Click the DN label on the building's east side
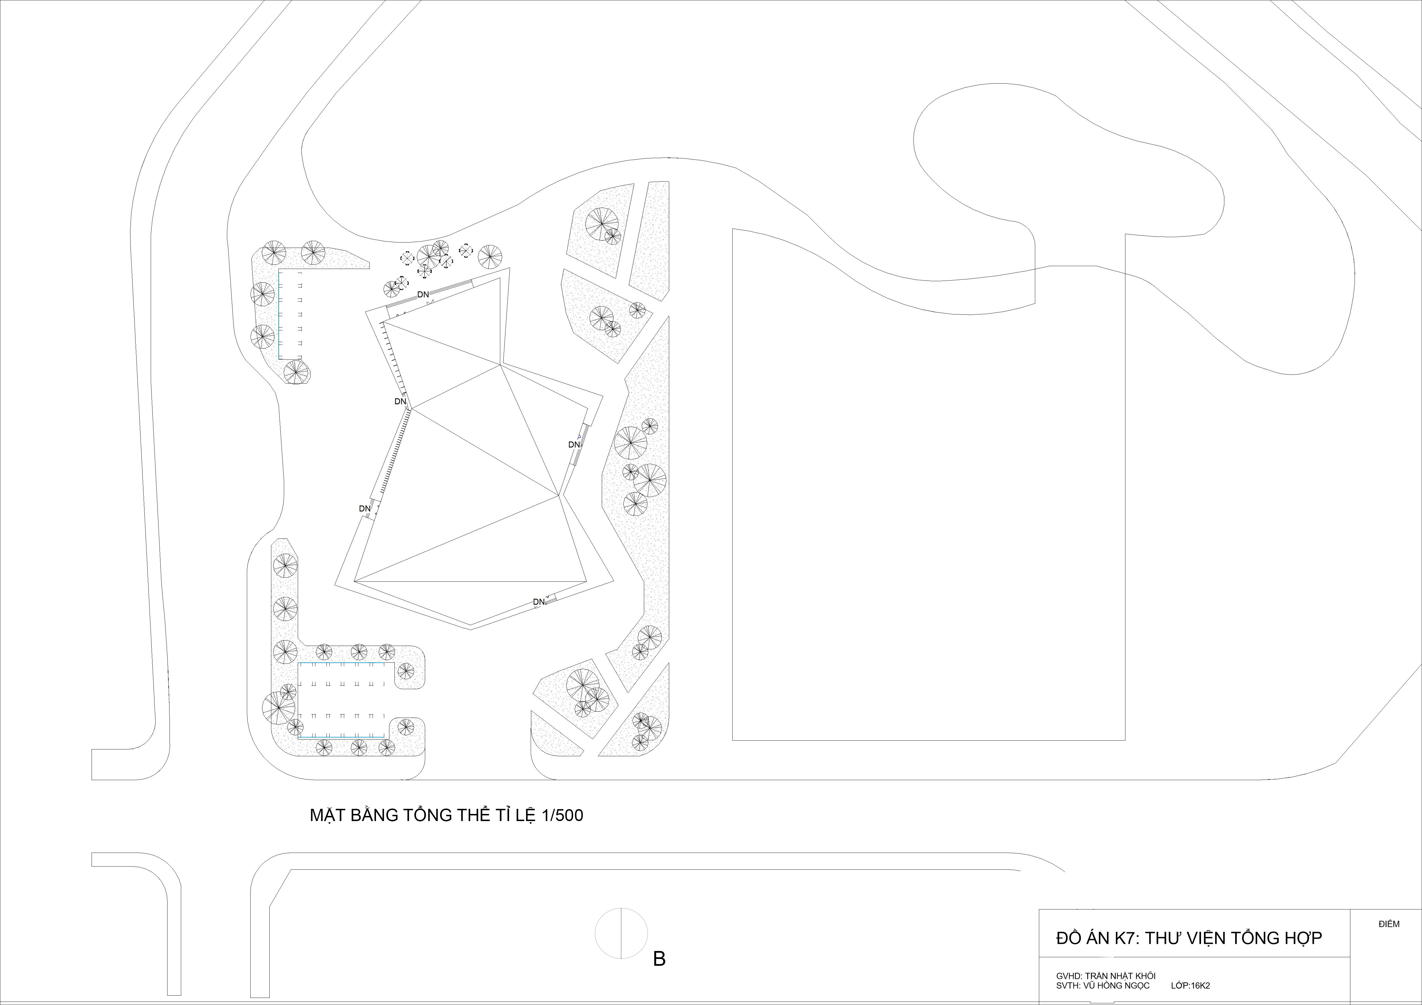tap(574, 445)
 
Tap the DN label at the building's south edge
tap(539, 602)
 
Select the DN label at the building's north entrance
tap(423, 295)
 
